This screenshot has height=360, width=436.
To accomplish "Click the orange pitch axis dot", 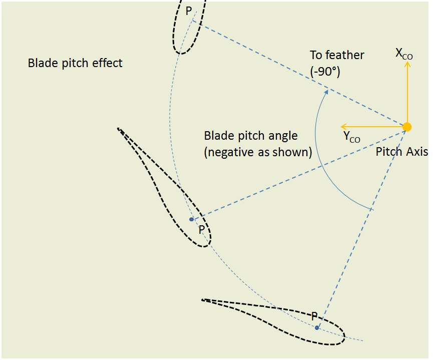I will tap(407, 127).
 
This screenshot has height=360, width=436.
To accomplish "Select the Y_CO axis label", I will tap(351, 138).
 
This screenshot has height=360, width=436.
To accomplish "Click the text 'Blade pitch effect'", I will tap(75, 63).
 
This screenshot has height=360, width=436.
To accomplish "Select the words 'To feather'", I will tap(337, 55).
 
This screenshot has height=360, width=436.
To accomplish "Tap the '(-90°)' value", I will tap(325, 71).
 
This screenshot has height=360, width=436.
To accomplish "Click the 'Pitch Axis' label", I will tap(402, 151).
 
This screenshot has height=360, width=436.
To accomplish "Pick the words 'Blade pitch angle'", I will tap(251, 136).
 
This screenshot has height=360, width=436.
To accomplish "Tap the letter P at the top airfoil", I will tap(189, 11).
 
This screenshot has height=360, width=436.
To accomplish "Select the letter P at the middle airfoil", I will tap(201, 230).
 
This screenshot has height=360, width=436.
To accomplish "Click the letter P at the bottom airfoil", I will tap(314, 316).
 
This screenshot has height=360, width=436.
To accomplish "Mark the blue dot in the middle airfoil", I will tap(191, 219).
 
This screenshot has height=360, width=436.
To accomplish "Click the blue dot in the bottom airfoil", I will tap(317, 327).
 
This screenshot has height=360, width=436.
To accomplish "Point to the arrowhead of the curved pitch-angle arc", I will tap(326, 91).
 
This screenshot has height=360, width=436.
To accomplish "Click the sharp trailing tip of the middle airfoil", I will tap(118, 129).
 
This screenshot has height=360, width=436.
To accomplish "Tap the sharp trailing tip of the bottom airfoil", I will tap(202, 299).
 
